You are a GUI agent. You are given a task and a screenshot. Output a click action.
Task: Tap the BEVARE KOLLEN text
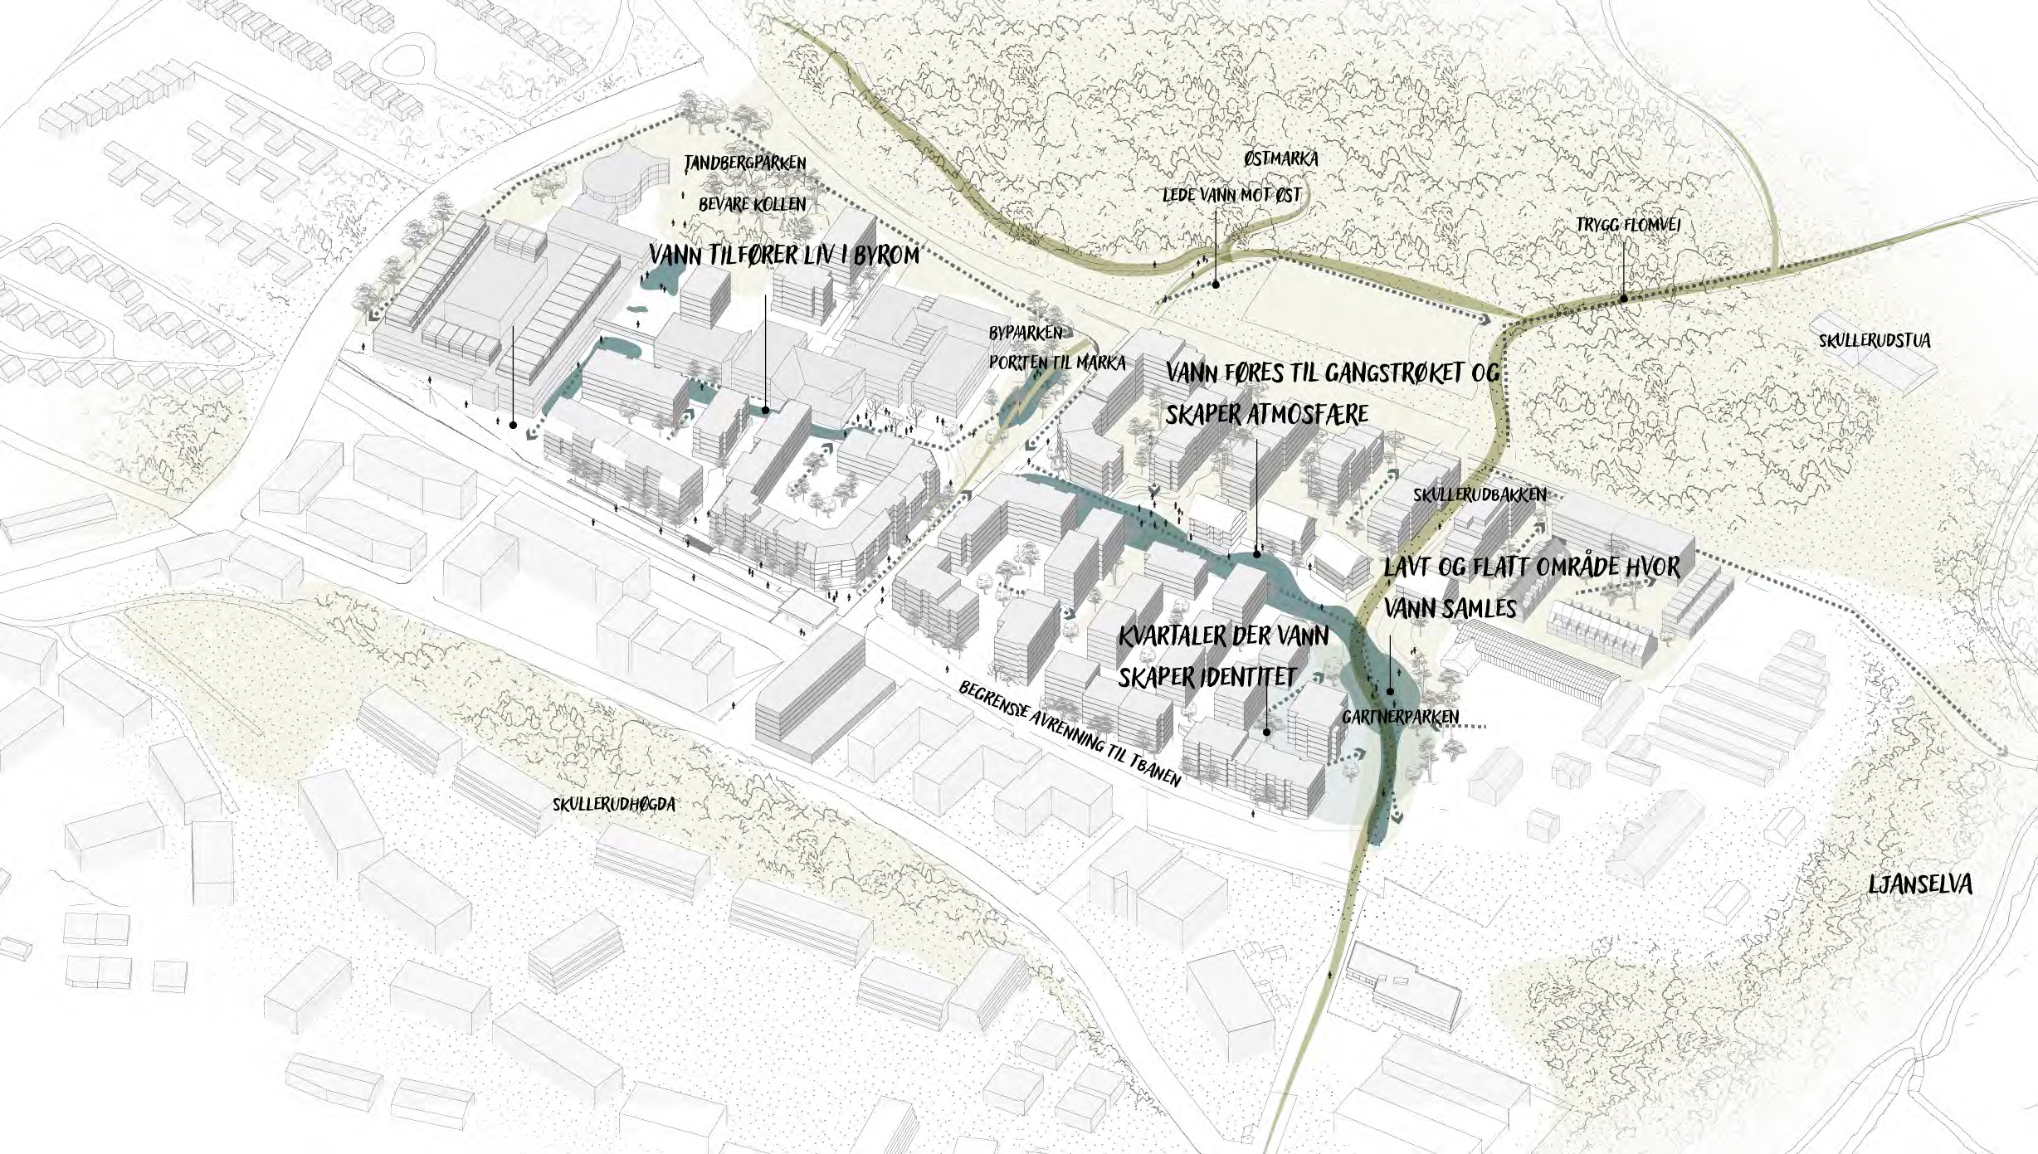pos(752,203)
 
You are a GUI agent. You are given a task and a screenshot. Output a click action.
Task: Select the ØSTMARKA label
pos(1280,158)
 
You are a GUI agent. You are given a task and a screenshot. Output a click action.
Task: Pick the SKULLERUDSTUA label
pos(1875,341)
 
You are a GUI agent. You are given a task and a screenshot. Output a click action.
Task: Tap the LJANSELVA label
pos(1919,884)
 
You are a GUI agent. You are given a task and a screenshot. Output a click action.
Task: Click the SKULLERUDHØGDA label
pos(614,804)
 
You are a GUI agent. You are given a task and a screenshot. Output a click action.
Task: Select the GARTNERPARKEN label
pos(1401,717)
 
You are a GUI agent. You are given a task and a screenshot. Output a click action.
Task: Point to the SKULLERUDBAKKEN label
pos(1480,494)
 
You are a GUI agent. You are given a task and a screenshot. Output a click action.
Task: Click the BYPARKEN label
pos(1025,334)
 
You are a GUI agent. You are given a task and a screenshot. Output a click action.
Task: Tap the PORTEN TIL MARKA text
pos(1056,363)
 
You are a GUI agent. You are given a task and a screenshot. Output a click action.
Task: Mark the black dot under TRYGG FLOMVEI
pos(1623,298)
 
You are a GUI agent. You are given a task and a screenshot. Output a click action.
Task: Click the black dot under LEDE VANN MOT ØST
pos(1216,285)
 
